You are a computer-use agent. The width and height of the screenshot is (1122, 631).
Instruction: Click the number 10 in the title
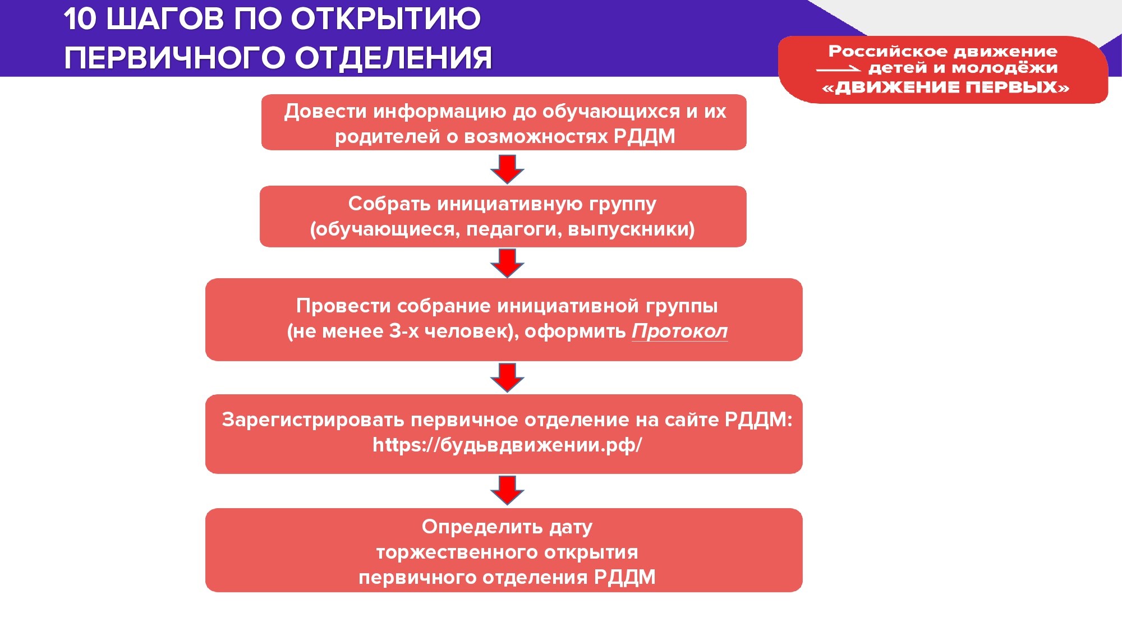pyautogui.click(x=80, y=19)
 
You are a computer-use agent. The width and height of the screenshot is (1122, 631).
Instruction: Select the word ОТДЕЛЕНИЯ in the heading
pyautogui.click(x=393, y=58)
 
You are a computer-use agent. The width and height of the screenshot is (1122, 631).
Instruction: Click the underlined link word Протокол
pyautogui.click(x=679, y=331)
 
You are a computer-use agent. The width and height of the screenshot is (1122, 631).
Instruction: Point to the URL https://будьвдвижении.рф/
pyautogui.click(x=507, y=445)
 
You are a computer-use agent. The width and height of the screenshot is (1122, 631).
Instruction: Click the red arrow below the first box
pyautogui.click(x=507, y=169)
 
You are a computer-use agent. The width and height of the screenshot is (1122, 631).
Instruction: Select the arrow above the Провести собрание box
pyautogui.click(x=507, y=263)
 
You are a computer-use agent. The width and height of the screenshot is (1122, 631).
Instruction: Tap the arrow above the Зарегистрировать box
pyautogui.click(x=507, y=377)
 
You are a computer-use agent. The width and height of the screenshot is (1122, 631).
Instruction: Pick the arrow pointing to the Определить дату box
pyautogui.click(x=507, y=490)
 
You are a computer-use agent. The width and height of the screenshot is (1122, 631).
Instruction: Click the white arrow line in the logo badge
pyautogui.click(x=839, y=70)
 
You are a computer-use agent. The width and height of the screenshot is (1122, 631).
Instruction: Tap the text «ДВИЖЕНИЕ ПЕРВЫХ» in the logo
pyautogui.click(x=945, y=87)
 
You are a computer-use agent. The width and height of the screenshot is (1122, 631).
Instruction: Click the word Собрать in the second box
pyautogui.click(x=389, y=204)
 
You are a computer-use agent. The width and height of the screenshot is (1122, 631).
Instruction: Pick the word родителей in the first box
pyautogui.click(x=388, y=137)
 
